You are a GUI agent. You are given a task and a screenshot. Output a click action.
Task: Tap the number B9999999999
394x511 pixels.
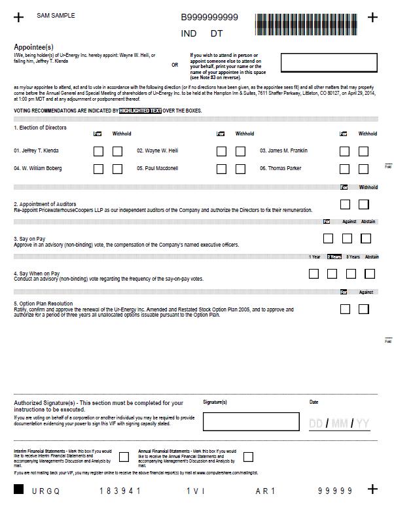[209, 18]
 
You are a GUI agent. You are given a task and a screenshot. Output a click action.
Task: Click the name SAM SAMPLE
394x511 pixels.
[56, 15]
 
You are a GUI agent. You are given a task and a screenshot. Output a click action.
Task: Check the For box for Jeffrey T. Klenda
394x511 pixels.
[98, 151]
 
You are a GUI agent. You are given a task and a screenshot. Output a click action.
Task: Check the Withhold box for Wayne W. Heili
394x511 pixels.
[240, 151]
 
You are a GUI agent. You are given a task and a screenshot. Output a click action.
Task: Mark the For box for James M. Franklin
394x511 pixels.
[344, 151]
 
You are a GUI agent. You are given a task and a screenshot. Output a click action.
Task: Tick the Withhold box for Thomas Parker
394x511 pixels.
[363, 169]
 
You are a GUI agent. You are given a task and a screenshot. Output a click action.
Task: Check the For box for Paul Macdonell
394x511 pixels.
[222, 169]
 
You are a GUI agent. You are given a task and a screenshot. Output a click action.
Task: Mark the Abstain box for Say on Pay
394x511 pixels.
[366, 239]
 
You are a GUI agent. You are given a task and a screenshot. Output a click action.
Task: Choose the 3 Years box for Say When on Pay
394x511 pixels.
[351, 273]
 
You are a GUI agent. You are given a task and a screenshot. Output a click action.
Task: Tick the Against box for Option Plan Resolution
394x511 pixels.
[363, 309]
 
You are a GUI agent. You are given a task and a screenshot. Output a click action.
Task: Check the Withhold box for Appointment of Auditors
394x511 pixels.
[363, 205]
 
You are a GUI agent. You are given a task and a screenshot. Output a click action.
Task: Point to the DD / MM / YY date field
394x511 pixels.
[339, 424]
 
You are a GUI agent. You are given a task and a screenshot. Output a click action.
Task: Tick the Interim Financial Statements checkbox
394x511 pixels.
[124, 457]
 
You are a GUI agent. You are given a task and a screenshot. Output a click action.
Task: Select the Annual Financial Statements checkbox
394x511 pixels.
[248, 457]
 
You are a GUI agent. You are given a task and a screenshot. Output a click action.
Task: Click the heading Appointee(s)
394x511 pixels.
[33, 47]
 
